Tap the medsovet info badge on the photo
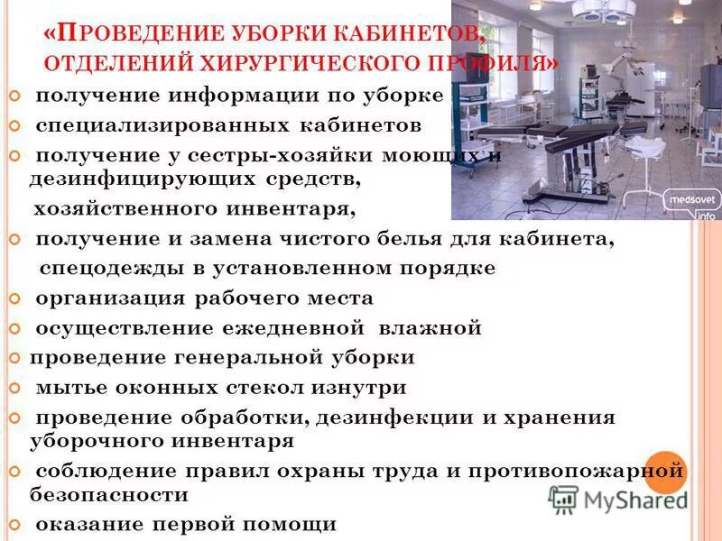click(690, 204)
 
